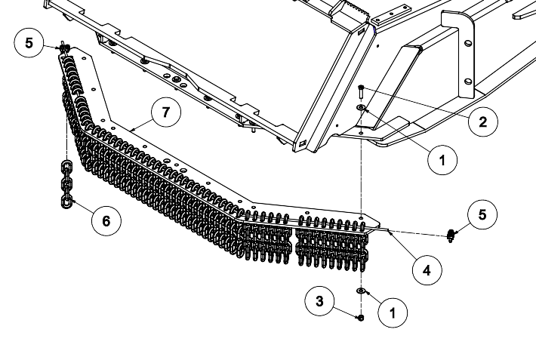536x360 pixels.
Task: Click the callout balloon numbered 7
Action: pos(166,114)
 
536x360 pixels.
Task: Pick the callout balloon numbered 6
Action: pos(106,220)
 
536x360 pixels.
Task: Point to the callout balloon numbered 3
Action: pos(320,301)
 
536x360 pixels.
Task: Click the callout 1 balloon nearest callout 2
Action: pos(442,159)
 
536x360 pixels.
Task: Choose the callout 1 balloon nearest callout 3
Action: pos(392,311)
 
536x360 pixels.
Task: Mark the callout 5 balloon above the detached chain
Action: pos(29,42)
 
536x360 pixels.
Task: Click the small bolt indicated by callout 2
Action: pos(362,93)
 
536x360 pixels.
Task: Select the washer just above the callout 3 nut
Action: pos(361,291)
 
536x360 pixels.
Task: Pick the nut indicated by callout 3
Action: pos(360,318)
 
